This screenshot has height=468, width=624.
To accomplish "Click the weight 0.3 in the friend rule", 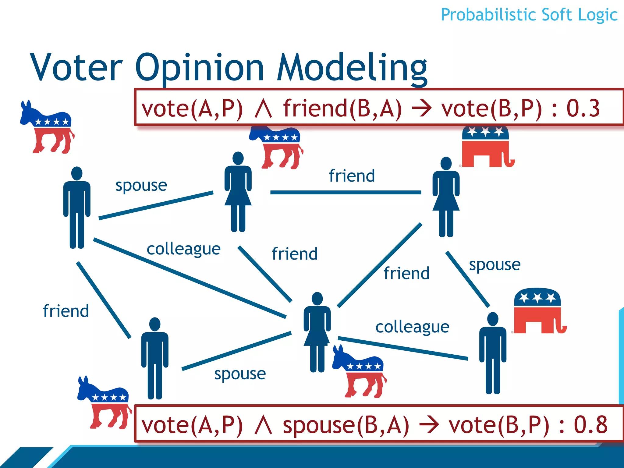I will pos(583,108).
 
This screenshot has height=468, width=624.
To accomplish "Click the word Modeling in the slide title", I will pos(352,68).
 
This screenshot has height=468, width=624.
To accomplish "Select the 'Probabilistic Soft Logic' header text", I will pos(529,15).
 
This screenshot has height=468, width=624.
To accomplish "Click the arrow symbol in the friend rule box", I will pos(421,109).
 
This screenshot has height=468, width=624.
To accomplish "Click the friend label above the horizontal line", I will pos(352,176).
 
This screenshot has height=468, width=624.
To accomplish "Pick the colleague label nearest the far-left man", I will pos(183,249).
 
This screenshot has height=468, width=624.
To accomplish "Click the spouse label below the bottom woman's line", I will pos(240,374).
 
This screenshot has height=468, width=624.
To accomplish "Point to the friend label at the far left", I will pos(66,311).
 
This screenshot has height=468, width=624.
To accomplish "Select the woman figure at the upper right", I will pos(446,197).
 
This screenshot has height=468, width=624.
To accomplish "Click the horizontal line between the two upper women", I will pos(346,192).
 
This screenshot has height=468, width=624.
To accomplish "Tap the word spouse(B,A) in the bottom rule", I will pos(346,425).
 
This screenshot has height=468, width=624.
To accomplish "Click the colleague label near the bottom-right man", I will pos(412,327).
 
